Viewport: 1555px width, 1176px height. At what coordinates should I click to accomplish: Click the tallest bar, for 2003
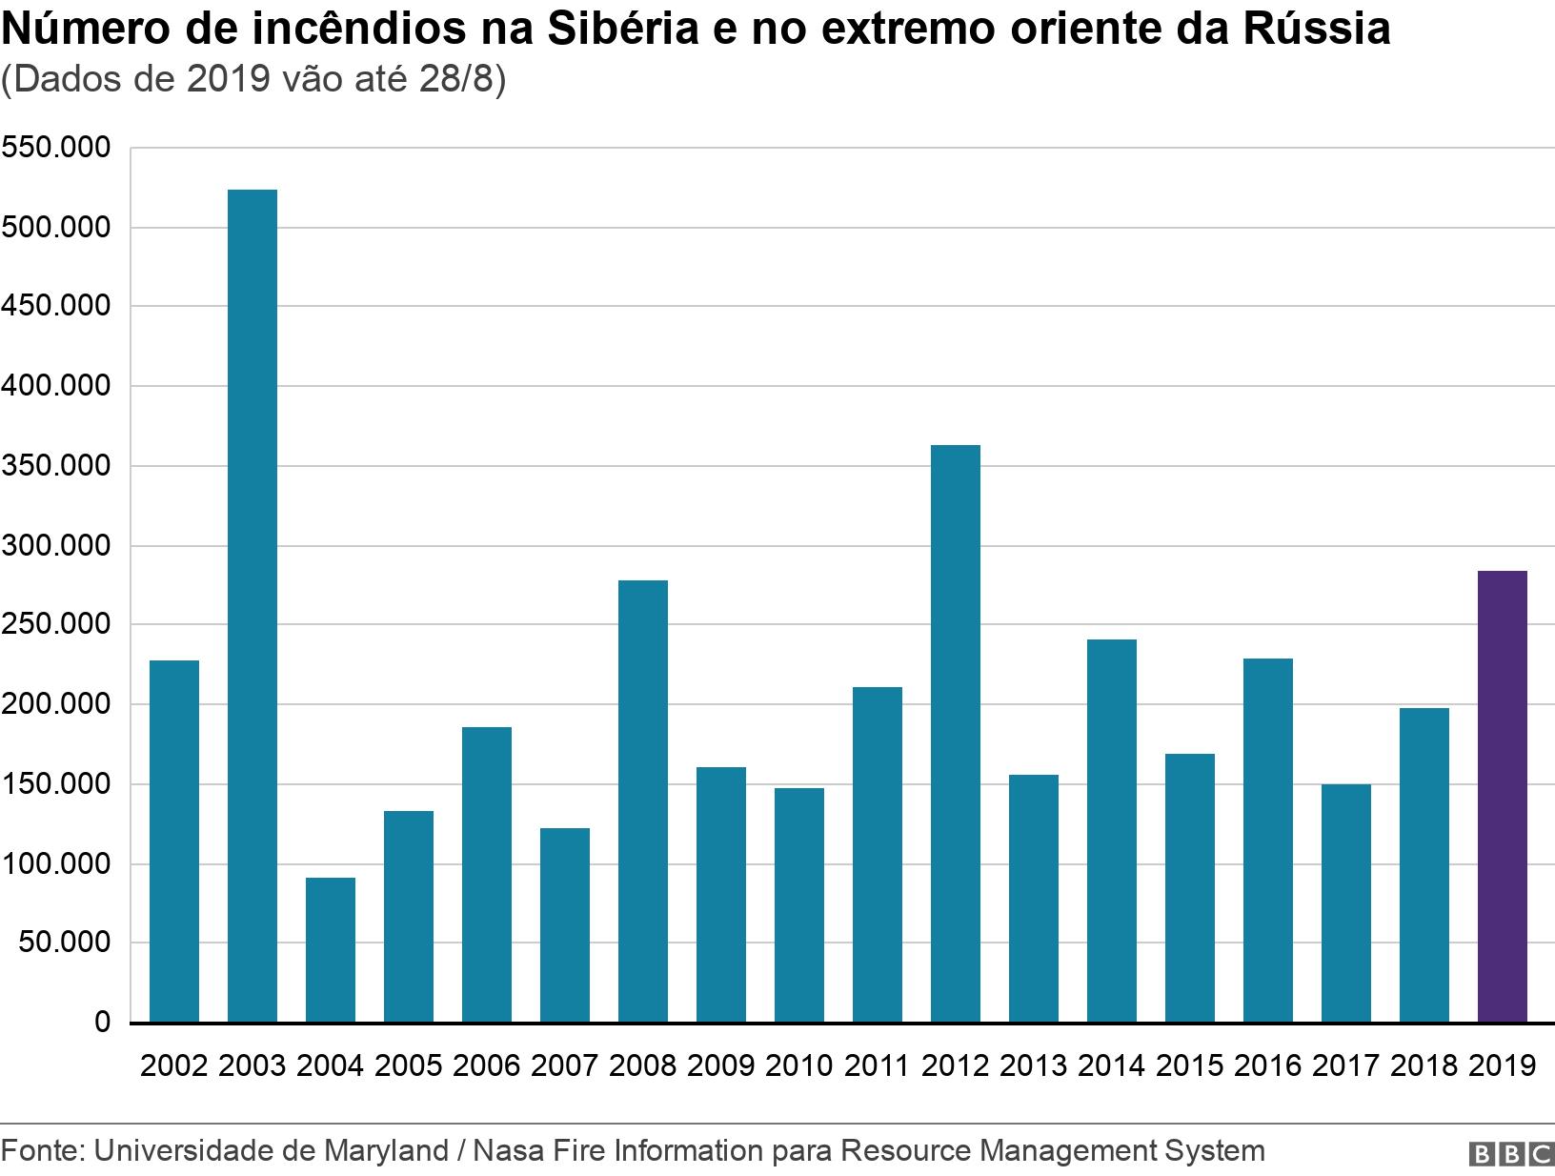(252, 606)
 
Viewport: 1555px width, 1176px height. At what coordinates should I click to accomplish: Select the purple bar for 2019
(1503, 797)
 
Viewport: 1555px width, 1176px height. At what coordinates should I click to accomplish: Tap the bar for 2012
(956, 734)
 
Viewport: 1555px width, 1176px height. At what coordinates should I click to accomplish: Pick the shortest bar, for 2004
(331, 950)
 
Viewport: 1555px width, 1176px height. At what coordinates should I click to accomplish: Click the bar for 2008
(643, 801)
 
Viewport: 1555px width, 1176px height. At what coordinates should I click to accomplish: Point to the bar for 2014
(1112, 831)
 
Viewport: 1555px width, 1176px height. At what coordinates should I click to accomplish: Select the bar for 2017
(1346, 903)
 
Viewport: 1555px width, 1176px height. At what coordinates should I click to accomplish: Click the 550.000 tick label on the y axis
(56, 149)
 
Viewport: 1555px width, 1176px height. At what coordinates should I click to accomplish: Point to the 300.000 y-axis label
(56, 546)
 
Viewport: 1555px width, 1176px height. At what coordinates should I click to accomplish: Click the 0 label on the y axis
(102, 1023)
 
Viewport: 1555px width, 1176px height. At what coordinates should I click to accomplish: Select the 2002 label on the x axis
(174, 1065)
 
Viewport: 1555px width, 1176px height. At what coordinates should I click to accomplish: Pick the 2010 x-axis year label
(799, 1065)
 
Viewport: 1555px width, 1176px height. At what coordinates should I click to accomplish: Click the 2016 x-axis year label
(1268, 1065)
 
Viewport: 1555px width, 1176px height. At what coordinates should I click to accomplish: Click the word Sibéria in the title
(628, 30)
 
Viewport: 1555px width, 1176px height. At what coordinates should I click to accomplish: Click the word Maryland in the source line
(387, 1151)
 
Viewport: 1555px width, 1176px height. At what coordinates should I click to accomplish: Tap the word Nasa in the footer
(504, 1151)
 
